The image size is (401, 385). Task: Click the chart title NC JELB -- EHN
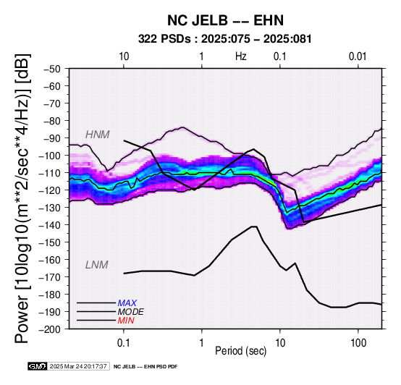225,20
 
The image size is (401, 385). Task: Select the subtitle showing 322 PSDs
225,39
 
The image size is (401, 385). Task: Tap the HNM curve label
98,135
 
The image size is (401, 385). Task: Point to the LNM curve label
97,265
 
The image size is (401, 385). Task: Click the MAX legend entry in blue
127,303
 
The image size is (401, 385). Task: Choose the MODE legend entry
131,312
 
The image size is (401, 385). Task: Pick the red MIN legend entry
126,321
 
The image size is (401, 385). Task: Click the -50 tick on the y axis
51,69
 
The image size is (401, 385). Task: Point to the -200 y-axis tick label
49,329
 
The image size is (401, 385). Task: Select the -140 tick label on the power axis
49,225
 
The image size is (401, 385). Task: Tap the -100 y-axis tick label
49,156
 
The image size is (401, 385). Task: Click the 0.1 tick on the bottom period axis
124,343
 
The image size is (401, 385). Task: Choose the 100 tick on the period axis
358,343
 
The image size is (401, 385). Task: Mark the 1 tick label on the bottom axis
202,343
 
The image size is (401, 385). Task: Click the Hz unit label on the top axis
241,56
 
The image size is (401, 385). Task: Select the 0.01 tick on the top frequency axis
358,56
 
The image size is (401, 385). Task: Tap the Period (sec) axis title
240,351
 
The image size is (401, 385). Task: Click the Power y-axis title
22,198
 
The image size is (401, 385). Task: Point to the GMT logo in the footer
38,366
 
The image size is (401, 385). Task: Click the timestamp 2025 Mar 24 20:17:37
78,366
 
